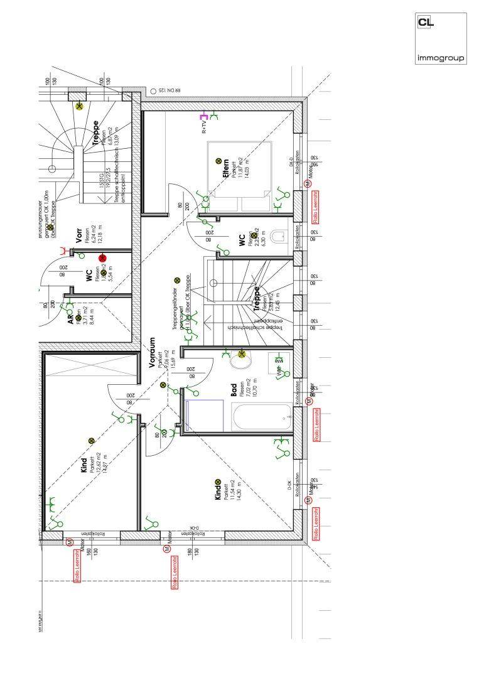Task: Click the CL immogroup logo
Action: point(441,38)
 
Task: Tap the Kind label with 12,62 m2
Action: point(84,465)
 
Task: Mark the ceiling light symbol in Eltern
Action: point(218,161)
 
